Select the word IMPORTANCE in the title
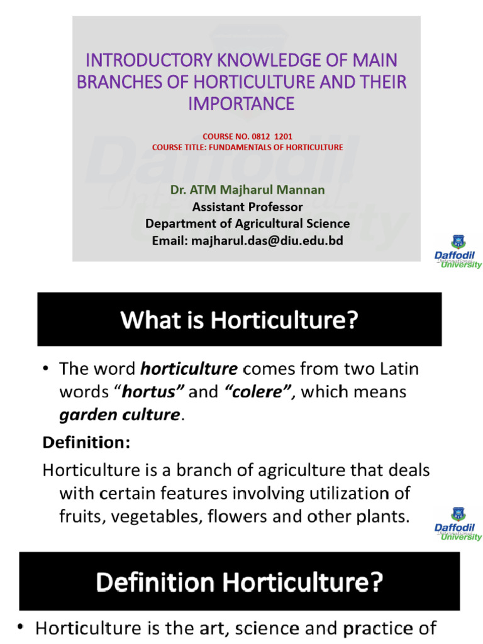(241, 104)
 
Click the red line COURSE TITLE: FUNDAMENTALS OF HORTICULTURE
(248, 147)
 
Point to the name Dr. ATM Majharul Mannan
(247, 190)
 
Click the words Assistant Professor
(247, 207)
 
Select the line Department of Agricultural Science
(247, 223)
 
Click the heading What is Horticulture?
(239, 320)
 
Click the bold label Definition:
(86, 443)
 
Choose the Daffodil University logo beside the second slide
(458, 525)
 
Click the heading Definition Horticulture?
(239, 582)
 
